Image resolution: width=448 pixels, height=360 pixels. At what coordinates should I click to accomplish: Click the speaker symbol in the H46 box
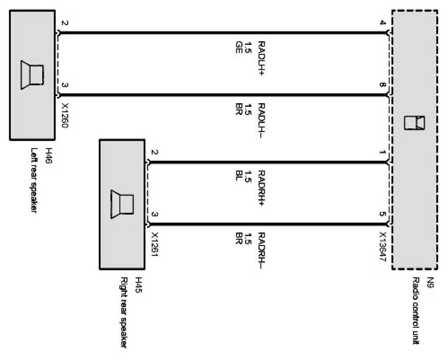(x=32, y=75)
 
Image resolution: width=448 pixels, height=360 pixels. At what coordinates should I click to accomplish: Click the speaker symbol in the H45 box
(x=122, y=204)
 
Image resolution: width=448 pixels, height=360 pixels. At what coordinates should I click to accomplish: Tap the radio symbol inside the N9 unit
(x=415, y=123)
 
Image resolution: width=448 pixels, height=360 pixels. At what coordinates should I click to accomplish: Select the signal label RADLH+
(x=261, y=58)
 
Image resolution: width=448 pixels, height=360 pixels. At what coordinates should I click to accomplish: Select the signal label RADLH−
(x=261, y=121)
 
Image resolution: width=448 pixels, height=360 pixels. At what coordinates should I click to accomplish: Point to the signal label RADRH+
(x=261, y=188)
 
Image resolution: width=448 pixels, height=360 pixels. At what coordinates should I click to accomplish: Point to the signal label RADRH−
(x=261, y=251)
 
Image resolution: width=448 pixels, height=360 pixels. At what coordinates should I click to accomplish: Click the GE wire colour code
(x=239, y=47)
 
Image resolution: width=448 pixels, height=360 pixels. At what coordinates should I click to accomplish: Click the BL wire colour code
(x=239, y=176)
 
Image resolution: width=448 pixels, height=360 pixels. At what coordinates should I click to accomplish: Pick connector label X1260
(x=65, y=116)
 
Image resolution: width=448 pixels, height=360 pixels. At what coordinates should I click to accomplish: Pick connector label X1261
(x=155, y=244)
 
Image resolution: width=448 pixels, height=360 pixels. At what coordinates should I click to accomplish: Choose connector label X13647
(x=383, y=247)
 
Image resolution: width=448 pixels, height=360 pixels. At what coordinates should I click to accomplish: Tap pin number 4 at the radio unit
(x=383, y=23)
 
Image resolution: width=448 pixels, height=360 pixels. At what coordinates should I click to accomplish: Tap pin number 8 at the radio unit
(x=383, y=85)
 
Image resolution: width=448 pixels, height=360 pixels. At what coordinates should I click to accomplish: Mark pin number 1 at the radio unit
(x=383, y=152)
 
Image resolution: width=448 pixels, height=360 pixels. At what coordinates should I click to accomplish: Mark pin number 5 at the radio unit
(x=383, y=214)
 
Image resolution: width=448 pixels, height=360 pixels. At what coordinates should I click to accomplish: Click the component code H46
(x=49, y=156)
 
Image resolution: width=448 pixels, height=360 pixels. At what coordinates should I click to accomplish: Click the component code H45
(x=138, y=285)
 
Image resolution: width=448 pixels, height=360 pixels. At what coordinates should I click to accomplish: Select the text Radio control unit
(x=416, y=311)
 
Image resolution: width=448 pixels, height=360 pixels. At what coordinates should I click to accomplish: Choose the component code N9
(x=431, y=282)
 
